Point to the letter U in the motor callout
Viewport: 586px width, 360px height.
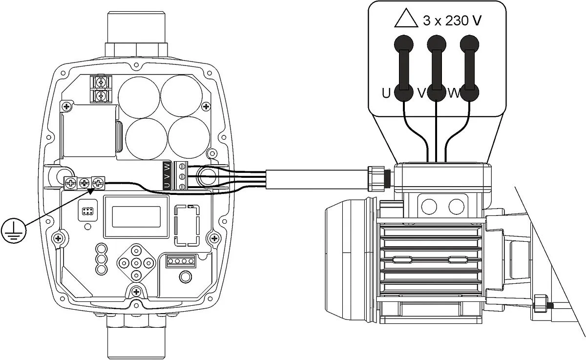click(386, 93)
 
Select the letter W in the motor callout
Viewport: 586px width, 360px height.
click(454, 93)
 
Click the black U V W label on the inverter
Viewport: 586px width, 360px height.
click(167, 175)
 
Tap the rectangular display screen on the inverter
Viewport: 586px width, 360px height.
click(136, 215)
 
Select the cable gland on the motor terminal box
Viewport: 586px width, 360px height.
click(377, 179)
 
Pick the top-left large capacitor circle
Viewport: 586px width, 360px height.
click(139, 96)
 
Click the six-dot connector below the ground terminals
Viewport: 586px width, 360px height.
click(88, 212)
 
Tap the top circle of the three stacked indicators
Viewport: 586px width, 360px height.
click(101, 248)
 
